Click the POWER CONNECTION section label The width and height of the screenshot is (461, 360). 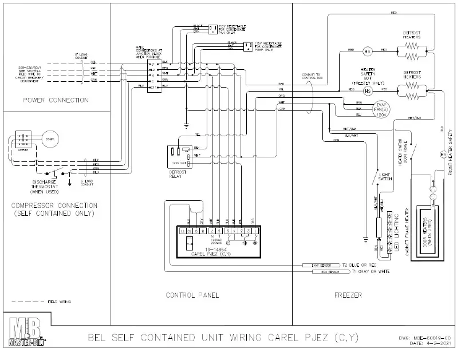[x=56, y=100]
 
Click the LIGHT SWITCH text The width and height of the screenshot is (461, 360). [x=385, y=176]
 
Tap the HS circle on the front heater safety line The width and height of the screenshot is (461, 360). [x=442, y=155]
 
